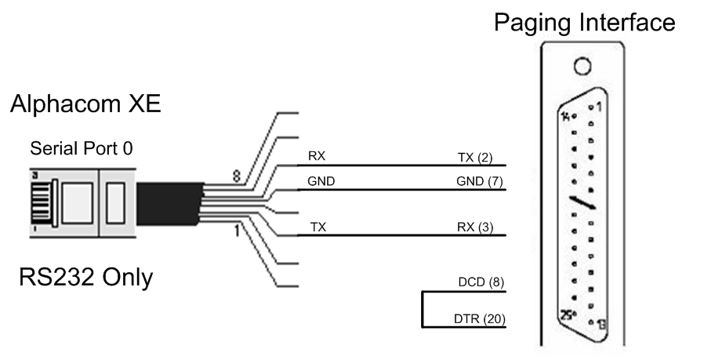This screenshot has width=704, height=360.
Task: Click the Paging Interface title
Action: (583, 23)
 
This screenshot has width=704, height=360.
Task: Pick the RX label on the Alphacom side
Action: (317, 157)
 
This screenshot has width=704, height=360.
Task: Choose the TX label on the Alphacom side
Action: (318, 227)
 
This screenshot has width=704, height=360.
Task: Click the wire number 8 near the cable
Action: (235, 177)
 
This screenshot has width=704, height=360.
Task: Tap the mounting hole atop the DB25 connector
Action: (582, 66)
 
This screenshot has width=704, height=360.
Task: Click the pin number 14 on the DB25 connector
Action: (567, 116)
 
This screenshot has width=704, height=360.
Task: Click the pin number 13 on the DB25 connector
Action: (601, 323)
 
